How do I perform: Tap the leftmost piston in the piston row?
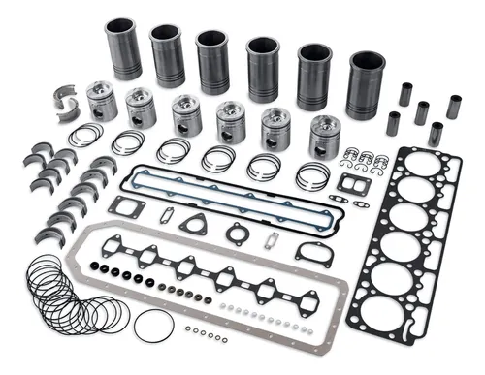tap(101, 101)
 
